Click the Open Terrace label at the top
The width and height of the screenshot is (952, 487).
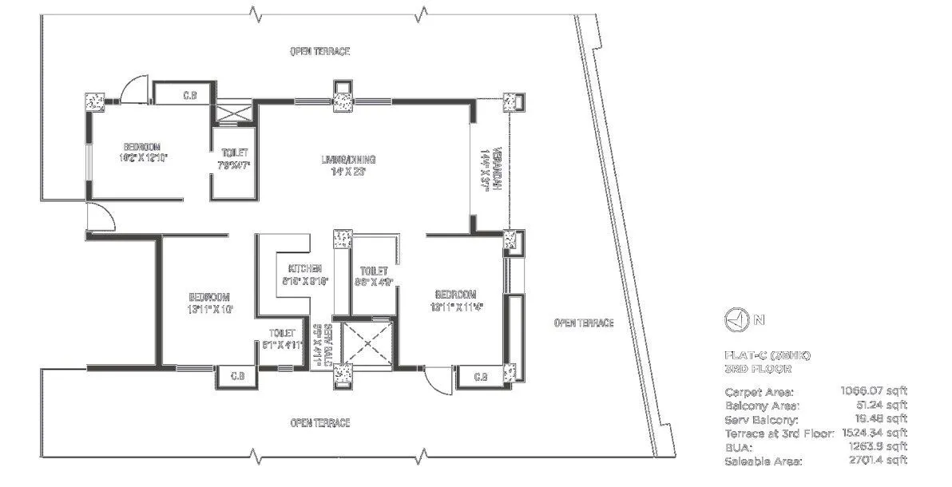tap(319, 51)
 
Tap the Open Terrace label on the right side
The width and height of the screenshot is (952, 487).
tap(584, 323)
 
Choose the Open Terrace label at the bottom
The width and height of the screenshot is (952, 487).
tap(319, 422)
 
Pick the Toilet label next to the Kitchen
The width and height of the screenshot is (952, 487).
tap(374, 276)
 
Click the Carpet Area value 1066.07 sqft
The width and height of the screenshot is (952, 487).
tap(874, 392)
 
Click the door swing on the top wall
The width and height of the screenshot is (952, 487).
tap(134, 88)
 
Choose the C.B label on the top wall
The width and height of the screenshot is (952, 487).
tap(190, 96)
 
